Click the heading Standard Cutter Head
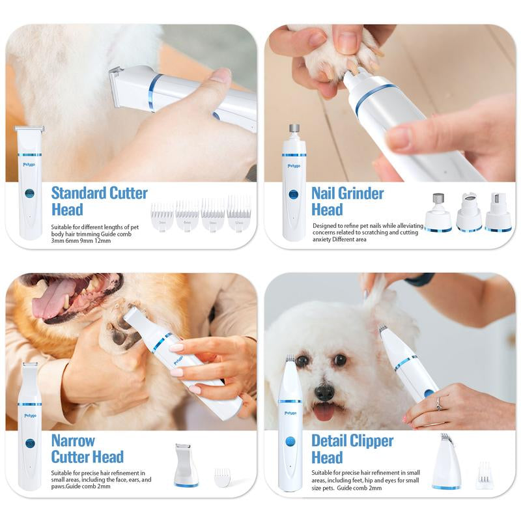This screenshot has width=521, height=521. [x=99, y=201]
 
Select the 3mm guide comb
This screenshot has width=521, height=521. [x=162, y=214]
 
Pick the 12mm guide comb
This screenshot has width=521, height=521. [x=239, y=214]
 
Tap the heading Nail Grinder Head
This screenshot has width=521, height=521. [x=347, y=201]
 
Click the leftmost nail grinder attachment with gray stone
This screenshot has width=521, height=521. [x=438, y=212]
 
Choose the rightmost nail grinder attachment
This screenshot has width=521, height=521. [x=498, y=212]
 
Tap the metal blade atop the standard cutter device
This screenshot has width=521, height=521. [x=29, y=128]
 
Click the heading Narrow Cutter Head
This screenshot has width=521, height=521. [x=87, y=449]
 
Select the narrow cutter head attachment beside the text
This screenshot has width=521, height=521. [x=186, y=465]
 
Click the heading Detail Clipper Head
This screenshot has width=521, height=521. [x=352, y=449]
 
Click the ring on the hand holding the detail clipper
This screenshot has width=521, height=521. [x=438, y=404]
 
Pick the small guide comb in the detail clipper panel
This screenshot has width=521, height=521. [x=484, y=475]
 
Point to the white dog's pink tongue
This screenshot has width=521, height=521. [x=322, y=412]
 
